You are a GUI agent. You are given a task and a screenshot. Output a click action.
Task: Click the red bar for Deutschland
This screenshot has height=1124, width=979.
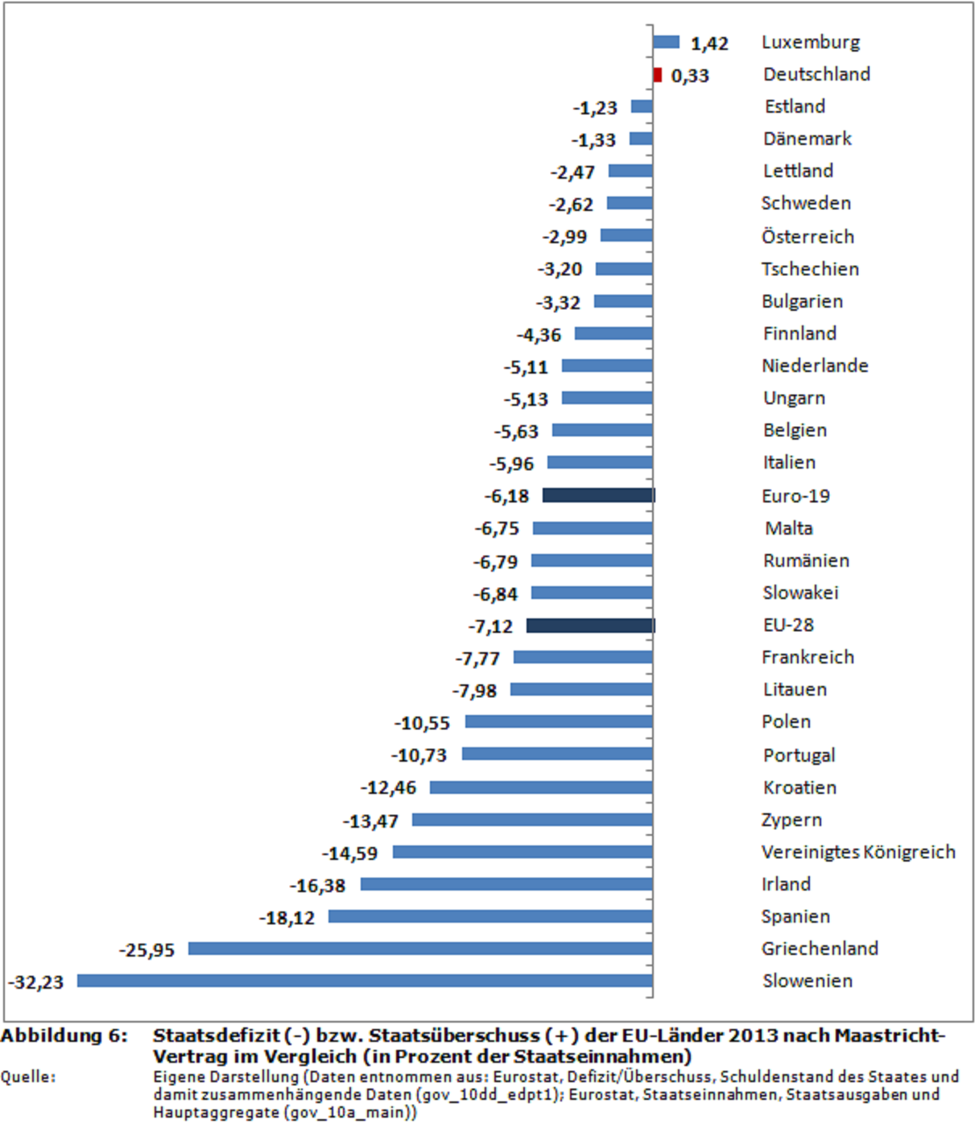tap(658, 75)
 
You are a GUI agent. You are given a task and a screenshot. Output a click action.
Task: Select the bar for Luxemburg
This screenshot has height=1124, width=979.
tap(666, 42)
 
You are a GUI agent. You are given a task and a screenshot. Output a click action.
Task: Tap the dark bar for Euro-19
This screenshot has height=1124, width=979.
tap(598, 495)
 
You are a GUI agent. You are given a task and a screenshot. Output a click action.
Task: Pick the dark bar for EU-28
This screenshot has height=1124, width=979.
tap(590, 626)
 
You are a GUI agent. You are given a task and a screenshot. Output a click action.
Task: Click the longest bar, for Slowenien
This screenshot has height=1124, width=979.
tap(365, 981)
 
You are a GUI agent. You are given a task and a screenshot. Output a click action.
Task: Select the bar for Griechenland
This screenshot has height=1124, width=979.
tap(420, 948)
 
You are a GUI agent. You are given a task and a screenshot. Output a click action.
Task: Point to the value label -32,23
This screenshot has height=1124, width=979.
tap(36, 982)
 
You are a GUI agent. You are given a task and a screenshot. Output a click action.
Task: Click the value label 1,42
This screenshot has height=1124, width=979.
tap(709, 43)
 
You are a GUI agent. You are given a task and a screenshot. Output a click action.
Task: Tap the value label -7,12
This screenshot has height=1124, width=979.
tap(490, 626)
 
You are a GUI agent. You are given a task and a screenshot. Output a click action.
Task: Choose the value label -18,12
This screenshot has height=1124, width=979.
tap(287, 918)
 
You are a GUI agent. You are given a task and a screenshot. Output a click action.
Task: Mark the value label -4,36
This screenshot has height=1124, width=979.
tap(539, 335)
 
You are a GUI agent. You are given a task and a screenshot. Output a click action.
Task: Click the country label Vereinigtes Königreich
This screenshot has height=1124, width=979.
tap(858, 852)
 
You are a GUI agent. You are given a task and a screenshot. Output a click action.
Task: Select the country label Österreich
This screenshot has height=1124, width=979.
tap(808, 237)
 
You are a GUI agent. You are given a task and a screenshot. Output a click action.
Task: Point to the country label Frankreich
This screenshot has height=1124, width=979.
tap(808, 657)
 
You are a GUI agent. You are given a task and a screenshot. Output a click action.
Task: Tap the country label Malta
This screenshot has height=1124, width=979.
tap(788, 528)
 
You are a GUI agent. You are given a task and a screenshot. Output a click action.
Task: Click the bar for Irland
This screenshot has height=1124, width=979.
tap(506, 884)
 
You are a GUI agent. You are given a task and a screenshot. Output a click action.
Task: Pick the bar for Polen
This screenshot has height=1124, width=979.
tap(559, 721)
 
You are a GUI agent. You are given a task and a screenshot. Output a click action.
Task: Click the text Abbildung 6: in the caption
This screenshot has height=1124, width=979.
tap(64, 1035)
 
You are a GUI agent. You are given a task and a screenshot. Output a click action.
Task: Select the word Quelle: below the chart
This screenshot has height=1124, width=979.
tap(28, 1077)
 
